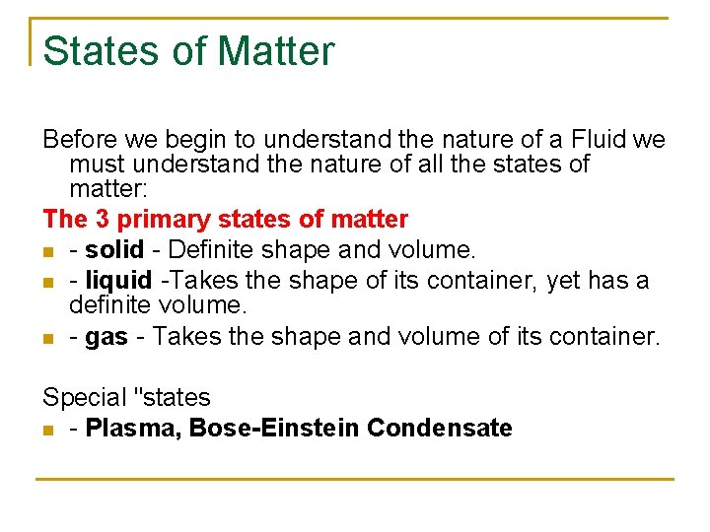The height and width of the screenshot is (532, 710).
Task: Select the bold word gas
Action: pos(106,337)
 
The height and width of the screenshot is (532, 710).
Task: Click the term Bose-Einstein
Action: pos(274,428)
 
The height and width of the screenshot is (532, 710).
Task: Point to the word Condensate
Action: pos(439,428)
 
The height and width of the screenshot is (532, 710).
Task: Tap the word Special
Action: pos(85,398)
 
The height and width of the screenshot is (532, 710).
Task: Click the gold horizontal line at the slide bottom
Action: pos(355,480)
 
